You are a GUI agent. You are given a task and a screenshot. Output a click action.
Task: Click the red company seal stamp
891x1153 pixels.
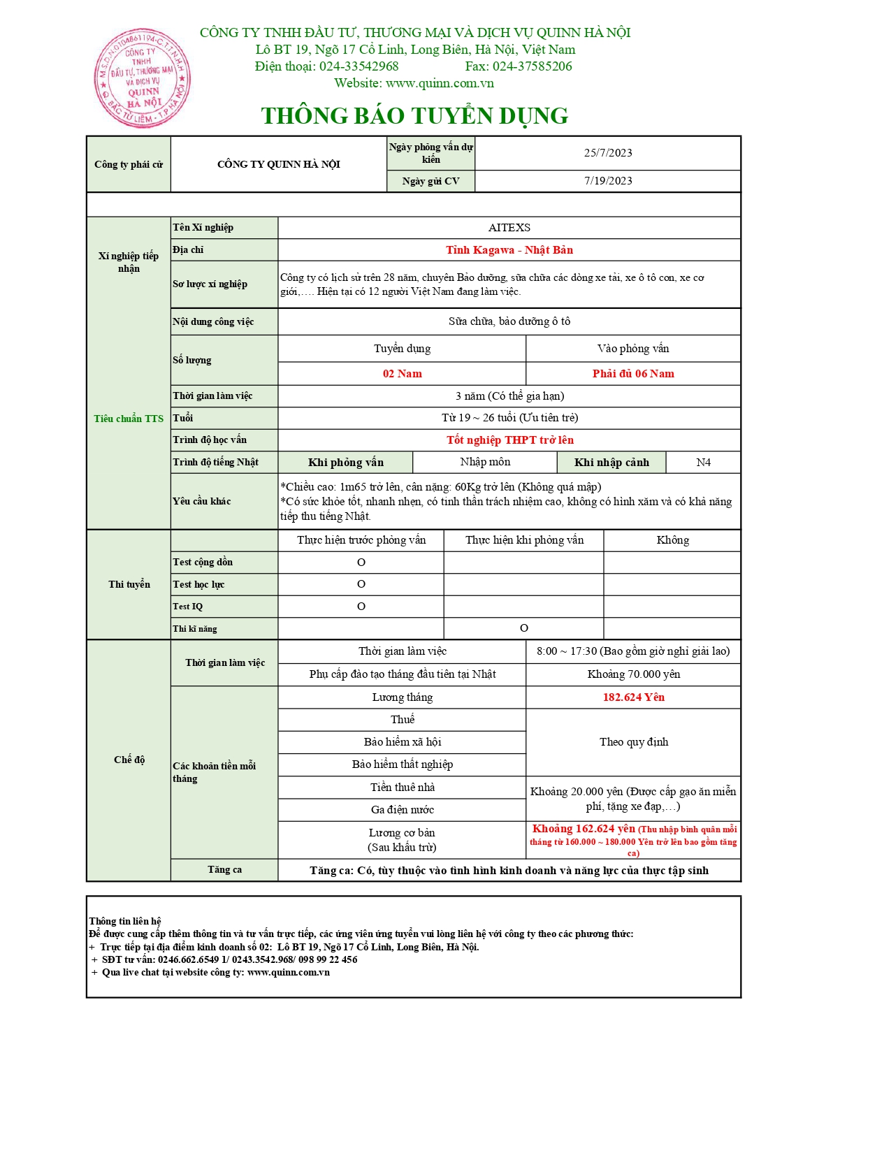pyautogui.click(x=142, y=78)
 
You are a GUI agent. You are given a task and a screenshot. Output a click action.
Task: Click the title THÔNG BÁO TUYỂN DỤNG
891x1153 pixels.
pyautogui.click(x=414, y=116)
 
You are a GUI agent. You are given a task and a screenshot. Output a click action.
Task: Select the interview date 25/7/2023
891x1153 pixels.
pyautogui.click(x=608, y=153)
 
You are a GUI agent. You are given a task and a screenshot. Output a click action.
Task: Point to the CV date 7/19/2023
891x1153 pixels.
pyautogui.click(x=608, y=181)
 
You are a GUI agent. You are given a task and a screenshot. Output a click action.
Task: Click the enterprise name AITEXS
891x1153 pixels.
pyautogui.click(x=509, y=228)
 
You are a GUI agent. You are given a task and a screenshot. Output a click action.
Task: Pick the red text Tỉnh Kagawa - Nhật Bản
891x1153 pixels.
pyautogui.click(x=509, y=250)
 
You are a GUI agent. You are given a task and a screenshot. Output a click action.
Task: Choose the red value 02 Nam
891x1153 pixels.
pyautogui.click(x=402, y=374)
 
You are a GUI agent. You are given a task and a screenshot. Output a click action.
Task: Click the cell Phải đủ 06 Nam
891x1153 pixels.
pyautogui.click(x=633, y=374)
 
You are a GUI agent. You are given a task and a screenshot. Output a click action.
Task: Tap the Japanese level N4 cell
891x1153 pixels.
pyautogui.click(x=703, y=463)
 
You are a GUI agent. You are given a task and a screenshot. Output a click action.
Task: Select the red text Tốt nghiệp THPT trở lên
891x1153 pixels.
pyautogui.click(x=509, y=440)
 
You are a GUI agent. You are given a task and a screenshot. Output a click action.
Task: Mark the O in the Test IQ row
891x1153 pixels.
pyautogui.click(x=361, y=607)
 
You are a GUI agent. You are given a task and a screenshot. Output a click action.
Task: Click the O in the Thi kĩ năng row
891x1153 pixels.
pyautogui.click(x=524, y=628)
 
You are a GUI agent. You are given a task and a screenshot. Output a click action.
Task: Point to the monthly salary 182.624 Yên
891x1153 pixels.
pyautogui.click(x=633, y=697)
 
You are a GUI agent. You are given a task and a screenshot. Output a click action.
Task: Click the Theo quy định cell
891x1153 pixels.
pyautogui.click(x=633, y=742)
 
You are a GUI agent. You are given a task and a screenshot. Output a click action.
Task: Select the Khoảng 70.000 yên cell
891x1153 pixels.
pyautogui.click(x=633, y=674)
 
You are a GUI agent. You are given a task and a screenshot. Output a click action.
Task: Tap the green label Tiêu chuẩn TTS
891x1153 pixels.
pyautogui.click(x=129, y=419)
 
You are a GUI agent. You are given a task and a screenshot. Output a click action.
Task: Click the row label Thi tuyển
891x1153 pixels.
pyautogui.click(x=129, y=584)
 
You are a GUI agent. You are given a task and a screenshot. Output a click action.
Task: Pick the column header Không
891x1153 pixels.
pyautogui.click(x=672, y=540)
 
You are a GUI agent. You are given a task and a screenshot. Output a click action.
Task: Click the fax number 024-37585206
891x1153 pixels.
pyautogui.click(x=532, y=66)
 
